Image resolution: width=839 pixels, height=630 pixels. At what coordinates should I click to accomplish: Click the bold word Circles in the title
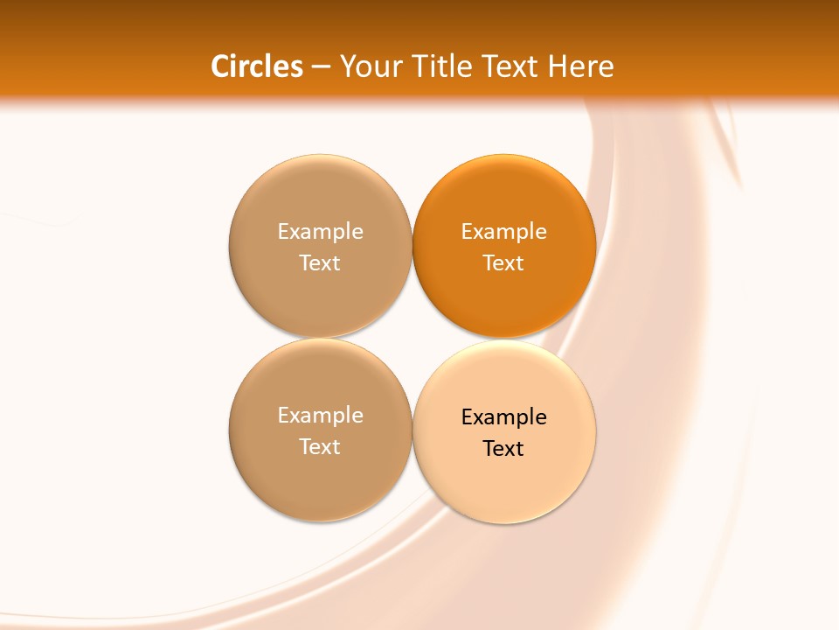click(x=257, y=66)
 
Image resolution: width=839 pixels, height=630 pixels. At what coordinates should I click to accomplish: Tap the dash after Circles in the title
click(x=321, y=67)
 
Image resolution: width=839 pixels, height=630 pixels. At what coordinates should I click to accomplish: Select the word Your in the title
click(x=368, y=66)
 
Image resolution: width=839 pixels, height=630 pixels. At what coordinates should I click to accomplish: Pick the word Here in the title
click(x=580, y=66)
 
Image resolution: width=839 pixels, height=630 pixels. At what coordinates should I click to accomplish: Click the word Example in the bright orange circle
click(x=504, y=232)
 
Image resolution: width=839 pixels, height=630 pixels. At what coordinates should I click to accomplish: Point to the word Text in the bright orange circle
click(x=503, y=263)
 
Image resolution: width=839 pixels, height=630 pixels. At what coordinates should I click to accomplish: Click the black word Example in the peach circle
click(x=504, y=417)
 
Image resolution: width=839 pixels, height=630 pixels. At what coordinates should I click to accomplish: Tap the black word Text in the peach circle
click(x=503, y=449)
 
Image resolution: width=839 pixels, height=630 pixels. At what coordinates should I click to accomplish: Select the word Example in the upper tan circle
click(x=320, y=232)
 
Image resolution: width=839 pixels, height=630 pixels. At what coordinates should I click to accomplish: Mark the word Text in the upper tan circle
click(x=320, y=263)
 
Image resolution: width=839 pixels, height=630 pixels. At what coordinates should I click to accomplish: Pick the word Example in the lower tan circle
click(x=320, y=416)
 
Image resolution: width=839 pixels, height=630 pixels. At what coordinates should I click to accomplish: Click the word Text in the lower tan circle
click(x=320, y=447)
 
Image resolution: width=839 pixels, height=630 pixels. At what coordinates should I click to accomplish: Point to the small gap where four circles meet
click(x=412, y=339)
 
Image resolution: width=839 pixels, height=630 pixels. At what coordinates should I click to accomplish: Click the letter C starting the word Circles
click(x=220, y=66)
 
